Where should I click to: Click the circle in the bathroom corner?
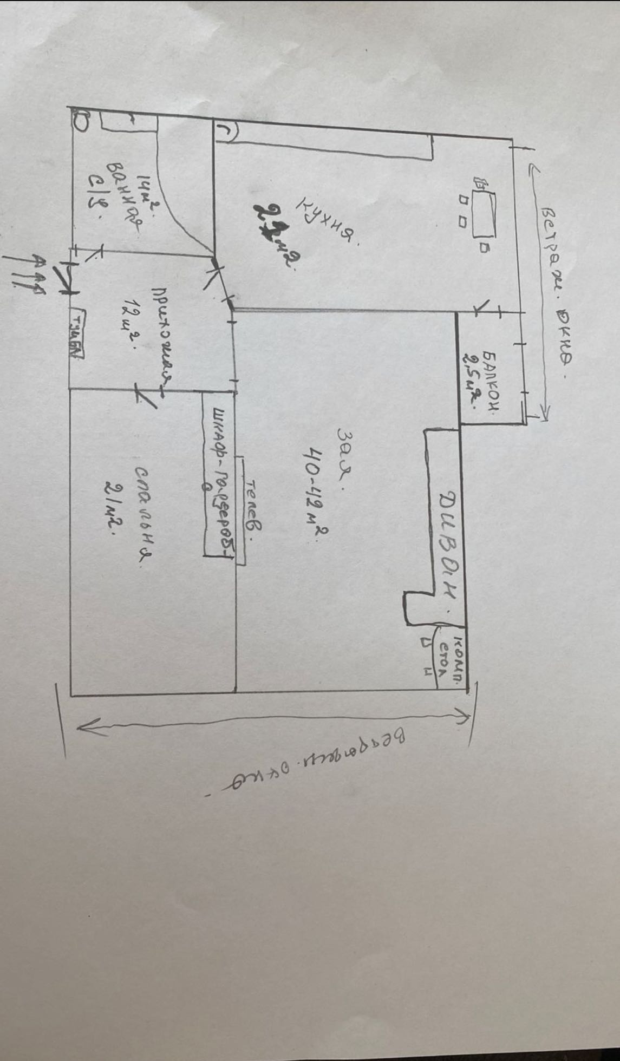pyautogui.click(x=79, y=120)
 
